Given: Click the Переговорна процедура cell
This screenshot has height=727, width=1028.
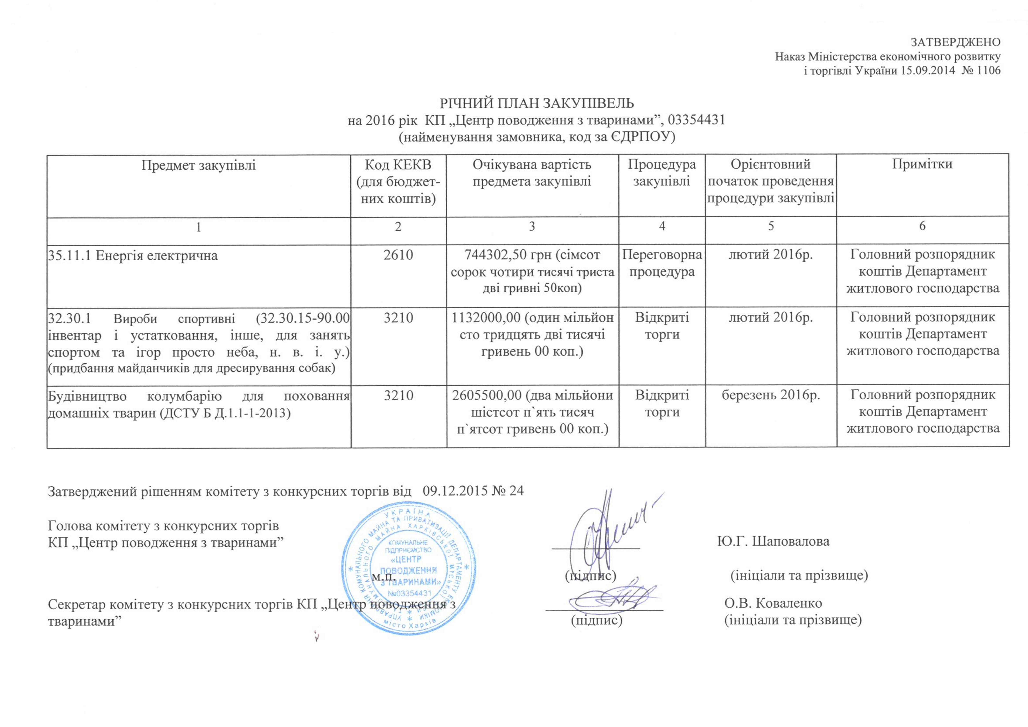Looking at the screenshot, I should coord(662,263).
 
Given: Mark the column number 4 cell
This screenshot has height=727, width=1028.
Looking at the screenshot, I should coord(662,226).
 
